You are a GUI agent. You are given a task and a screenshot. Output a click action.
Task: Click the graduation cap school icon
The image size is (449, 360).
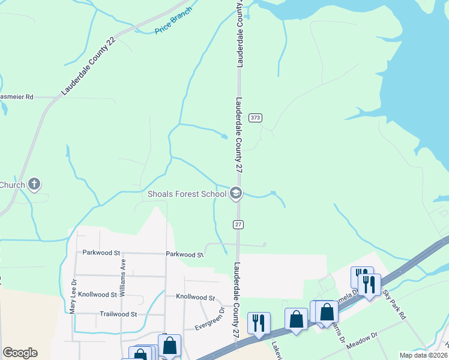pyautogui.click(x=235, y=193)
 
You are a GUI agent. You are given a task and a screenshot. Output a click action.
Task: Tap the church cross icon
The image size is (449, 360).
pyautogui.click(x=35, y=185)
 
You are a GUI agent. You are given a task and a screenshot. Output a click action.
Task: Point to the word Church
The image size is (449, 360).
pyautogui.click(x=13, y=185)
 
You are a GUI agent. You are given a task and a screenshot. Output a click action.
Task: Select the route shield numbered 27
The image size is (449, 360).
pyautogui.click(x=238, y=224)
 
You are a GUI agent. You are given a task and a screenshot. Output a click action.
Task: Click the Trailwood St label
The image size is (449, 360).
pyautogui.click(x=119, y=314)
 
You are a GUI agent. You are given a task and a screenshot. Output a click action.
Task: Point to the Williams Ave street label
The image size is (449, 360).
pyautogui.click(x=122, y=277)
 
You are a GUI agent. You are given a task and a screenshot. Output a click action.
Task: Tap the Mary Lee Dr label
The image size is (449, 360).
pyautogui.click(x=73, y=295)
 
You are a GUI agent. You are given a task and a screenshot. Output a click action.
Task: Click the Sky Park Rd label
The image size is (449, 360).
pyautogui.click(x=396, y=306)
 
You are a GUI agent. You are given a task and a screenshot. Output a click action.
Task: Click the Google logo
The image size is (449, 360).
pyautogui.click(x=20, y=353)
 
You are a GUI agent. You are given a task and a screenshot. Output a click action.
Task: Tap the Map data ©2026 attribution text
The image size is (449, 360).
pyautogui.click(x=423, y=355)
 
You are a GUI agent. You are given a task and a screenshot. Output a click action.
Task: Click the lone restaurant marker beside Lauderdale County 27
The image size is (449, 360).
pyautogui.click(x=259, y=322)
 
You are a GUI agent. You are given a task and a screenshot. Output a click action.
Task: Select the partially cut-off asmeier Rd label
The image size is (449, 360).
pyautogui.click(x=17, y=96)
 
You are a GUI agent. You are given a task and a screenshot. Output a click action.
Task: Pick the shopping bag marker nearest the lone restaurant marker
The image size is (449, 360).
pyautogui.click(x=296, y=319)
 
